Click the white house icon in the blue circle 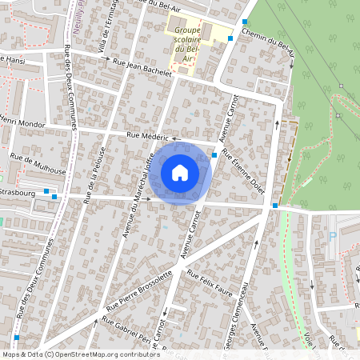coord(180,172)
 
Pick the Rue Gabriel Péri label coord(127,328)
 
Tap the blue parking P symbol coord(333,236)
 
